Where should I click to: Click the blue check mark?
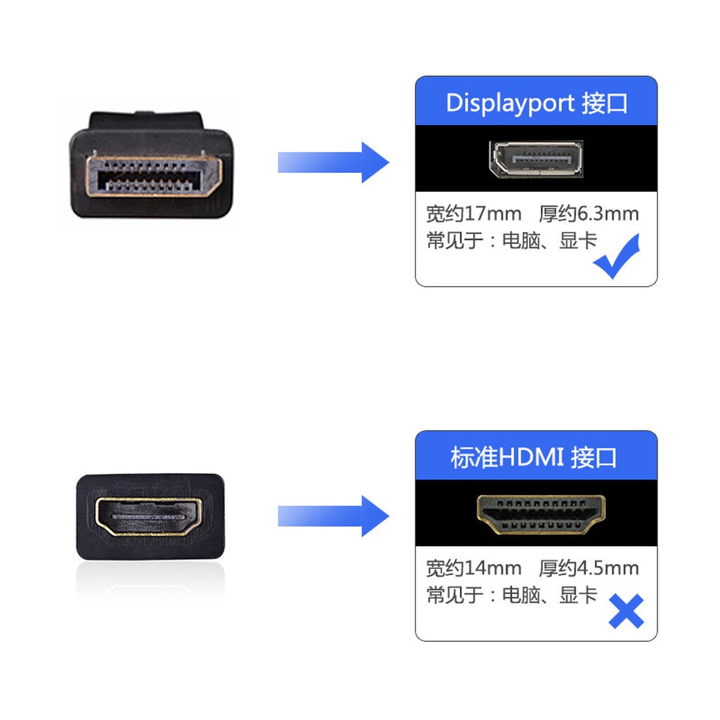pos(617,257)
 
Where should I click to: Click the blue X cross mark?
pos(626,611)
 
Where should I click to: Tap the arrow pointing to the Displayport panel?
pos(333,162)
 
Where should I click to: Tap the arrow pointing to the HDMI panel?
pos(333,516)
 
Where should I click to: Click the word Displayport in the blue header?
pos(510,103)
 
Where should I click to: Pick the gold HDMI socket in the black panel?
pos(541,514)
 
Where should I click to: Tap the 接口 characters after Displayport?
pos(605,103)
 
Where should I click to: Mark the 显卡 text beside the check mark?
pos(578,241)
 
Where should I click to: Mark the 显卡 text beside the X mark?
pos(578,596)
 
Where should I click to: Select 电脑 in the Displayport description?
pos(521,241)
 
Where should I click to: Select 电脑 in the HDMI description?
pos(521,596)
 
